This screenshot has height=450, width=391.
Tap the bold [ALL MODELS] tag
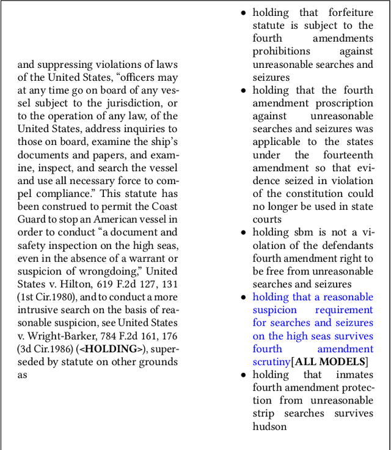click(331, 362)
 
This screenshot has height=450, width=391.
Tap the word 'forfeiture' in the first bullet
click(351, 13)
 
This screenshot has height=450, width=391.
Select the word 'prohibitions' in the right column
click(282, 51)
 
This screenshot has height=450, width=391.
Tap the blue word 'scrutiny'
click(271, 362)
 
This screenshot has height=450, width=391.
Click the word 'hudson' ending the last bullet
click(269, 426)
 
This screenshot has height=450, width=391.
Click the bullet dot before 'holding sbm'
click(244, 233)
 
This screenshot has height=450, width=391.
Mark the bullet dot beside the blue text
click(244, 298)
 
